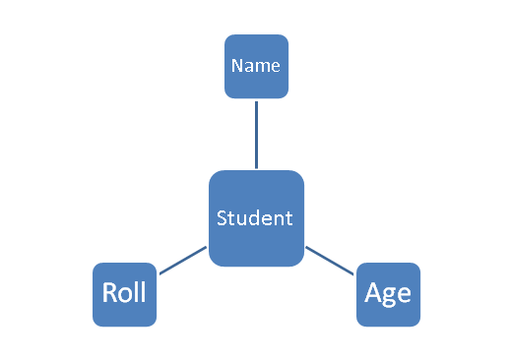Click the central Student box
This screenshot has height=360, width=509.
coord(256,218)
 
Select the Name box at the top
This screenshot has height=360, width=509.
coord(256,67)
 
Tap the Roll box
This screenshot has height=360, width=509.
coord(124,294)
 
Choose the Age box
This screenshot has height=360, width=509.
coord(388,294)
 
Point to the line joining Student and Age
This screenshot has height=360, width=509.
coord(330,261)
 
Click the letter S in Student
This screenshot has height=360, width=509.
coord(223,218)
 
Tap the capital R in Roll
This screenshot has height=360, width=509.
coord(110,293)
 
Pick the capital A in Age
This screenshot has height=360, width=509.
coord(373,293)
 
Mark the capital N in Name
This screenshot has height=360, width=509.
coord(236,67)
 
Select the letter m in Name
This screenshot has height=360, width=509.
coord(261,68)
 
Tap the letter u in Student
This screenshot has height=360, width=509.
coord(244,219)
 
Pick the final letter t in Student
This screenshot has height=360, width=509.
coord(288,218)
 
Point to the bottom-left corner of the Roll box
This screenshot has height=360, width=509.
coord(95,324)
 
